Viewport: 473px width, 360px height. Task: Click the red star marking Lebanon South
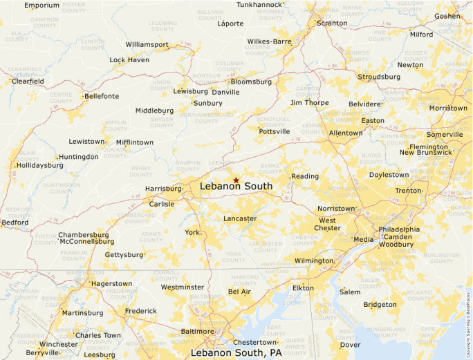click(236, 180)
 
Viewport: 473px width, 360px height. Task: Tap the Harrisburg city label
click(163, 189)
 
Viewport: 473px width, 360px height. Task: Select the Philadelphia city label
click(399, 229)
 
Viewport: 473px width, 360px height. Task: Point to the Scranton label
click(332, 23)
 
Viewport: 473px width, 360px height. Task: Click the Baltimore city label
click(197, 332)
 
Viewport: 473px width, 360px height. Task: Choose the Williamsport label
click(147, 45)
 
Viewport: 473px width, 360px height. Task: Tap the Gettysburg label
click(123, 255)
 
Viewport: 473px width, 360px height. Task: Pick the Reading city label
click(305, 176)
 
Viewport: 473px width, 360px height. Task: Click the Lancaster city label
click(240, 219)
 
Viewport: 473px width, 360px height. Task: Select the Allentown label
click(346, 133)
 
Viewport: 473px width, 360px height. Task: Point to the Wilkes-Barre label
click(270, 41)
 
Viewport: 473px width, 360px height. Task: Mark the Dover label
click(351, 345)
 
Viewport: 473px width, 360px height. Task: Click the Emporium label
click(41, 6)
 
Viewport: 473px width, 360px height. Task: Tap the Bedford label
click(15, 222)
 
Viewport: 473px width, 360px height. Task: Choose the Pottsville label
click(274, 131)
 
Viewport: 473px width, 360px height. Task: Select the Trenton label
click(408, 191)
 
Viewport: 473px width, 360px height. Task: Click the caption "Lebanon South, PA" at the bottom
click(236, 353)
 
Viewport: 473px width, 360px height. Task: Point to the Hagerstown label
click(112, 284)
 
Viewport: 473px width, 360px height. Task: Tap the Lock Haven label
click(129, 60)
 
